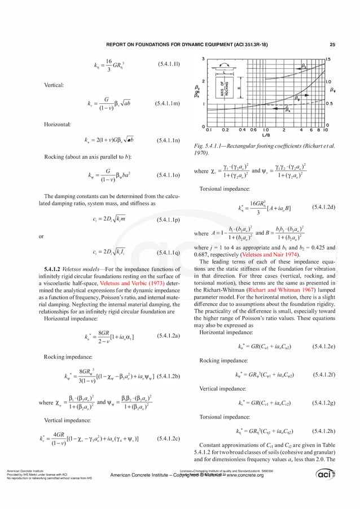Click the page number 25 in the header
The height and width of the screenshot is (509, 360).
pyautogui.click(x=332, y=45)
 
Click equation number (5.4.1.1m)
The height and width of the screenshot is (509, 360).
pyautogui.click(x=167, y=104)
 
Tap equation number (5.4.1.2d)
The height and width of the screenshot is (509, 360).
pyautogui.click(x=323, y=208)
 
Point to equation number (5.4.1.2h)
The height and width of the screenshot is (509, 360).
pyautogui.click(x=323, y=432)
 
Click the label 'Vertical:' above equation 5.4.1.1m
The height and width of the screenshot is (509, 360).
pyautogui.click(x=54, y=85)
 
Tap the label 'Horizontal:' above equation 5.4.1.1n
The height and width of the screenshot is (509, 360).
pyautogui.click(x=57, y=124)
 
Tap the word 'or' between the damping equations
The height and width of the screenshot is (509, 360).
pyautogui.click(x=41, y=237)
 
